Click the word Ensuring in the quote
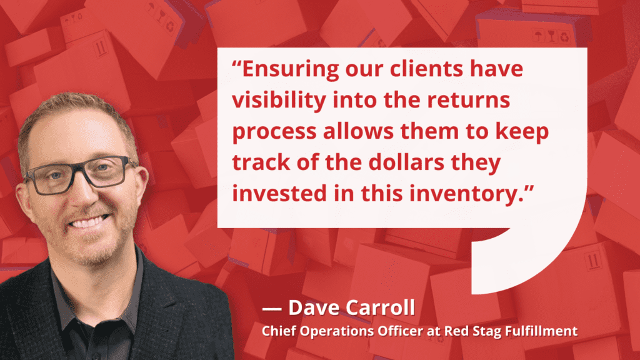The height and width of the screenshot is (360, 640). pyautogui.click(x=290, y=69)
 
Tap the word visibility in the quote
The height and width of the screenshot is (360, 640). pyautogui.click(x=279, y=101)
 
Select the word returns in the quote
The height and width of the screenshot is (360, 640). pyautogui.click(x=468, y=101)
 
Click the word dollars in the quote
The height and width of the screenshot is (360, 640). pyautogui.click(x=406, y=162)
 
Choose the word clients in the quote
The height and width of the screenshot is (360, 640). pyautogui.click(x=426, y=69)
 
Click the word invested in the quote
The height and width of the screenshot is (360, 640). pyautogui.click(x=279, y=193)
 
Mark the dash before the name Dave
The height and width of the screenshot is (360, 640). pyautogui.click(x=271, y=309)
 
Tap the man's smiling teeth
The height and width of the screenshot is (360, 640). pyautogui.click(x=87, y=222)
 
